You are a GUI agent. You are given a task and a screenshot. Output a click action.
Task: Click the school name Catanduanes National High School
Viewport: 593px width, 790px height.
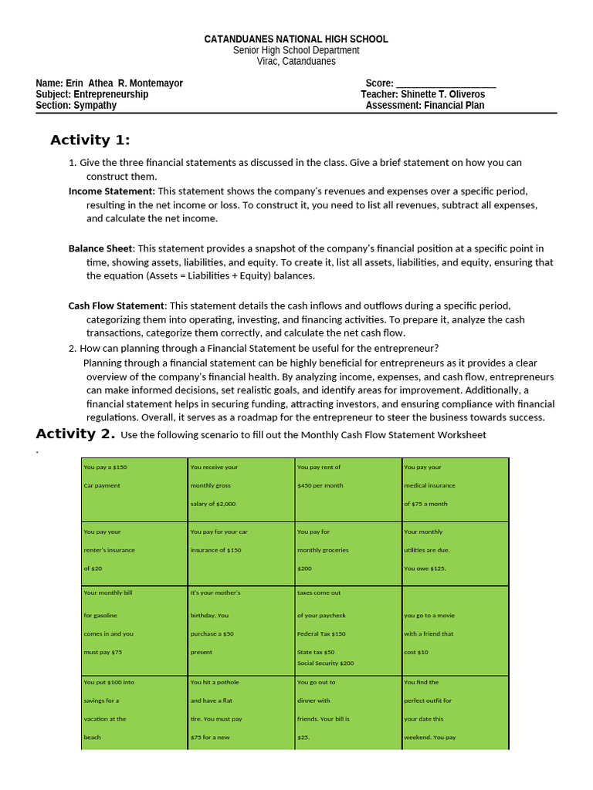pos(296,39)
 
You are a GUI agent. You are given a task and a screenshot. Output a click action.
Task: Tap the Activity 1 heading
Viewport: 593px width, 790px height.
pos(90,140)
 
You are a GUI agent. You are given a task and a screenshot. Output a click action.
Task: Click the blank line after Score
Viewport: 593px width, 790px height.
pos(446,83)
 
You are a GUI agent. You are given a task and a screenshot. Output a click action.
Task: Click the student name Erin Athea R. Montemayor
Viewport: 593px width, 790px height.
pos(124,83)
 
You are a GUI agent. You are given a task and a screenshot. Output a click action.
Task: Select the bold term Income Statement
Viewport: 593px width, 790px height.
pos(111,191)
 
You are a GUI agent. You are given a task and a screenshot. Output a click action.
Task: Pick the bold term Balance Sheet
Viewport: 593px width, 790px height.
pos(101,248)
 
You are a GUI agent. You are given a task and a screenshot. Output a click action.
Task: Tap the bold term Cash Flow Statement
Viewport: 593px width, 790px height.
pos(117,306)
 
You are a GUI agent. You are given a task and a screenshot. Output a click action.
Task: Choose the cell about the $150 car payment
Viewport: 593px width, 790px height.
pos(134,488)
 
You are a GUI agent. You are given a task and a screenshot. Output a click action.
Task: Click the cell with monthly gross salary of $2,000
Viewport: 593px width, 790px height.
pos(241,488)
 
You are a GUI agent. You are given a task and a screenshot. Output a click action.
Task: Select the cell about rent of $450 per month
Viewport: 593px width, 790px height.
pos(347,488)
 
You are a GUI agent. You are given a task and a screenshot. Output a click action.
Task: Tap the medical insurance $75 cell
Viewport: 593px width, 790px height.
pos(455,488)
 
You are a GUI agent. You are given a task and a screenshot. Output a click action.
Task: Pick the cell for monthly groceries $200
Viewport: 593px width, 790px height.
pos(347,552)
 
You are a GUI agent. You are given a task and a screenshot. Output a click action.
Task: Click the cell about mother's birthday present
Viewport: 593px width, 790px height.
pos(241,630)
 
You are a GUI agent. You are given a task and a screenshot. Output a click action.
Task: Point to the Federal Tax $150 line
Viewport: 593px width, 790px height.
pos(321,633)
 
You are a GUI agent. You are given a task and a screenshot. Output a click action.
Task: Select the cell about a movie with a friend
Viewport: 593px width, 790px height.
pos(455,630)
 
